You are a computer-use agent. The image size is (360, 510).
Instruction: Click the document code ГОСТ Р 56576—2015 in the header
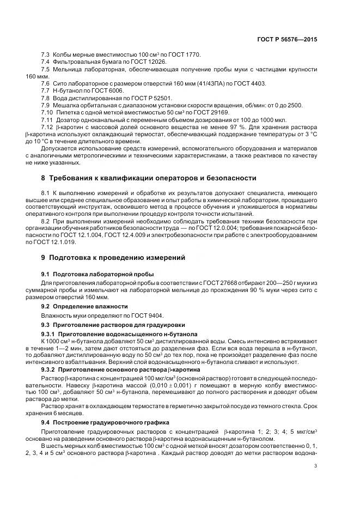[288, 40]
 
